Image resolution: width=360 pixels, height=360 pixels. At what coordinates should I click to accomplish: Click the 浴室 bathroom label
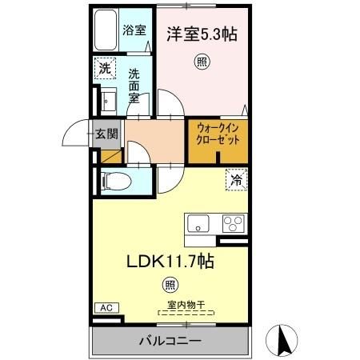[134, 31]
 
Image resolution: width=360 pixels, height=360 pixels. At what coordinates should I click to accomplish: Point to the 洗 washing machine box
[105, 69]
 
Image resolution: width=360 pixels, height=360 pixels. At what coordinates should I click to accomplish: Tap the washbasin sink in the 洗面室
[109, 101]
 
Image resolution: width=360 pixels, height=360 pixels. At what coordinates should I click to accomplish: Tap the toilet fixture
[112, 178]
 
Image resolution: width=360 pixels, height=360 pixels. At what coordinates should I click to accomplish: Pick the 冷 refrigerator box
[235, 181]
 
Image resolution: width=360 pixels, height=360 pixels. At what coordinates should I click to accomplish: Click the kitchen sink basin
[198, 222]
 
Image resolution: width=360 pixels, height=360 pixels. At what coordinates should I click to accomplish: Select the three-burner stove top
[234, 222]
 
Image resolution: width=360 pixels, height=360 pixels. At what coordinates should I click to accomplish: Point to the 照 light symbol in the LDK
[170, 283]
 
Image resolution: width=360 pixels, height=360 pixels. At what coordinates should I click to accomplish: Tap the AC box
[104, 306]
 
